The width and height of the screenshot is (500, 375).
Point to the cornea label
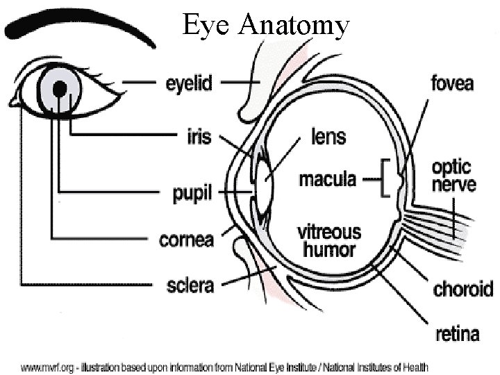(x=186, y=240)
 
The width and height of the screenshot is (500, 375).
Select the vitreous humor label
(x=329, y=240)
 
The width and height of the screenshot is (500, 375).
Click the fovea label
(x=452, y=84)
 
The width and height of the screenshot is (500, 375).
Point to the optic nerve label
(x=453, y=176)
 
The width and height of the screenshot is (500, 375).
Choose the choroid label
(x=462, y=288)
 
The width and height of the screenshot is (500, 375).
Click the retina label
(x=457, y=334)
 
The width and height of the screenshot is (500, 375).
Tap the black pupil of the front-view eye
(x=60, y=88)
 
